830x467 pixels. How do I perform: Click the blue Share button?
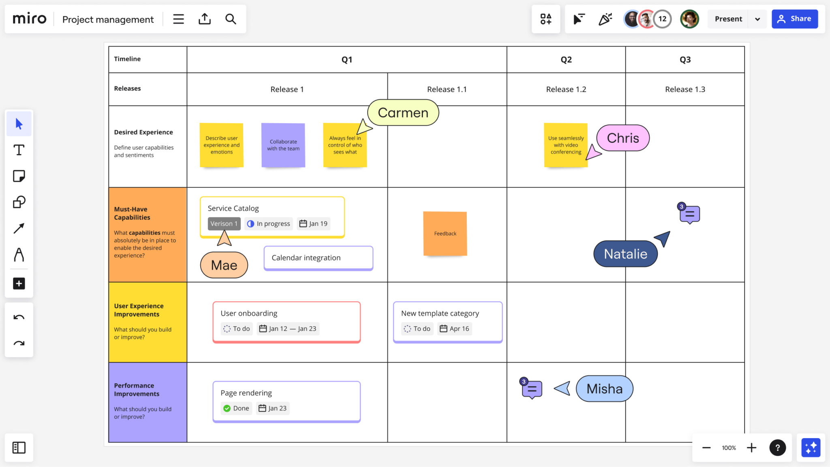click(x=794, y=19)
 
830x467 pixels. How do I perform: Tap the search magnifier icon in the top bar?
click(x=231, y=19)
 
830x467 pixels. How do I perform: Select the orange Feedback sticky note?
click(x=445, y=233)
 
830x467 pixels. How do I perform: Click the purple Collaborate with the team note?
click(x=283, y=145)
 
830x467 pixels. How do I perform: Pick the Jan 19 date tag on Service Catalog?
click(x=313, y=224)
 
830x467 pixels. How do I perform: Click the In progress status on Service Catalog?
click(x=269, y=224)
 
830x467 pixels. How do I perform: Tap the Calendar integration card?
click(x=318, y=258)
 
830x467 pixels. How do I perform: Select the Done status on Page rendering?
click(x=236, y=408)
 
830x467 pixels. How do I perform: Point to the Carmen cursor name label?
click(x=403, y=113)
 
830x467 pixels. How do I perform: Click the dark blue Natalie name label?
click(x=625, y=254)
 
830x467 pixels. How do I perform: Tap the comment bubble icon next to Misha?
click(x=532, y=389)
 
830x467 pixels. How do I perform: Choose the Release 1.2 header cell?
click(x=566, y=89)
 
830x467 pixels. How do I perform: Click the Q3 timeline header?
click(x=685, y=60)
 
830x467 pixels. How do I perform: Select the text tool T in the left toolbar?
click(x=19, y=150)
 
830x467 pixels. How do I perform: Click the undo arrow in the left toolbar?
click(x=19, y=317)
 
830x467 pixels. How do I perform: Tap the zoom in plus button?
click(x=752, y=448)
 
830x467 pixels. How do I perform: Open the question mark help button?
click(x=777, y=448)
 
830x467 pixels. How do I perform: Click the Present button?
click(x=728, y=19)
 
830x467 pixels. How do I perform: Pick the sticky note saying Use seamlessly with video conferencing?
click(x=566, y=145)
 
